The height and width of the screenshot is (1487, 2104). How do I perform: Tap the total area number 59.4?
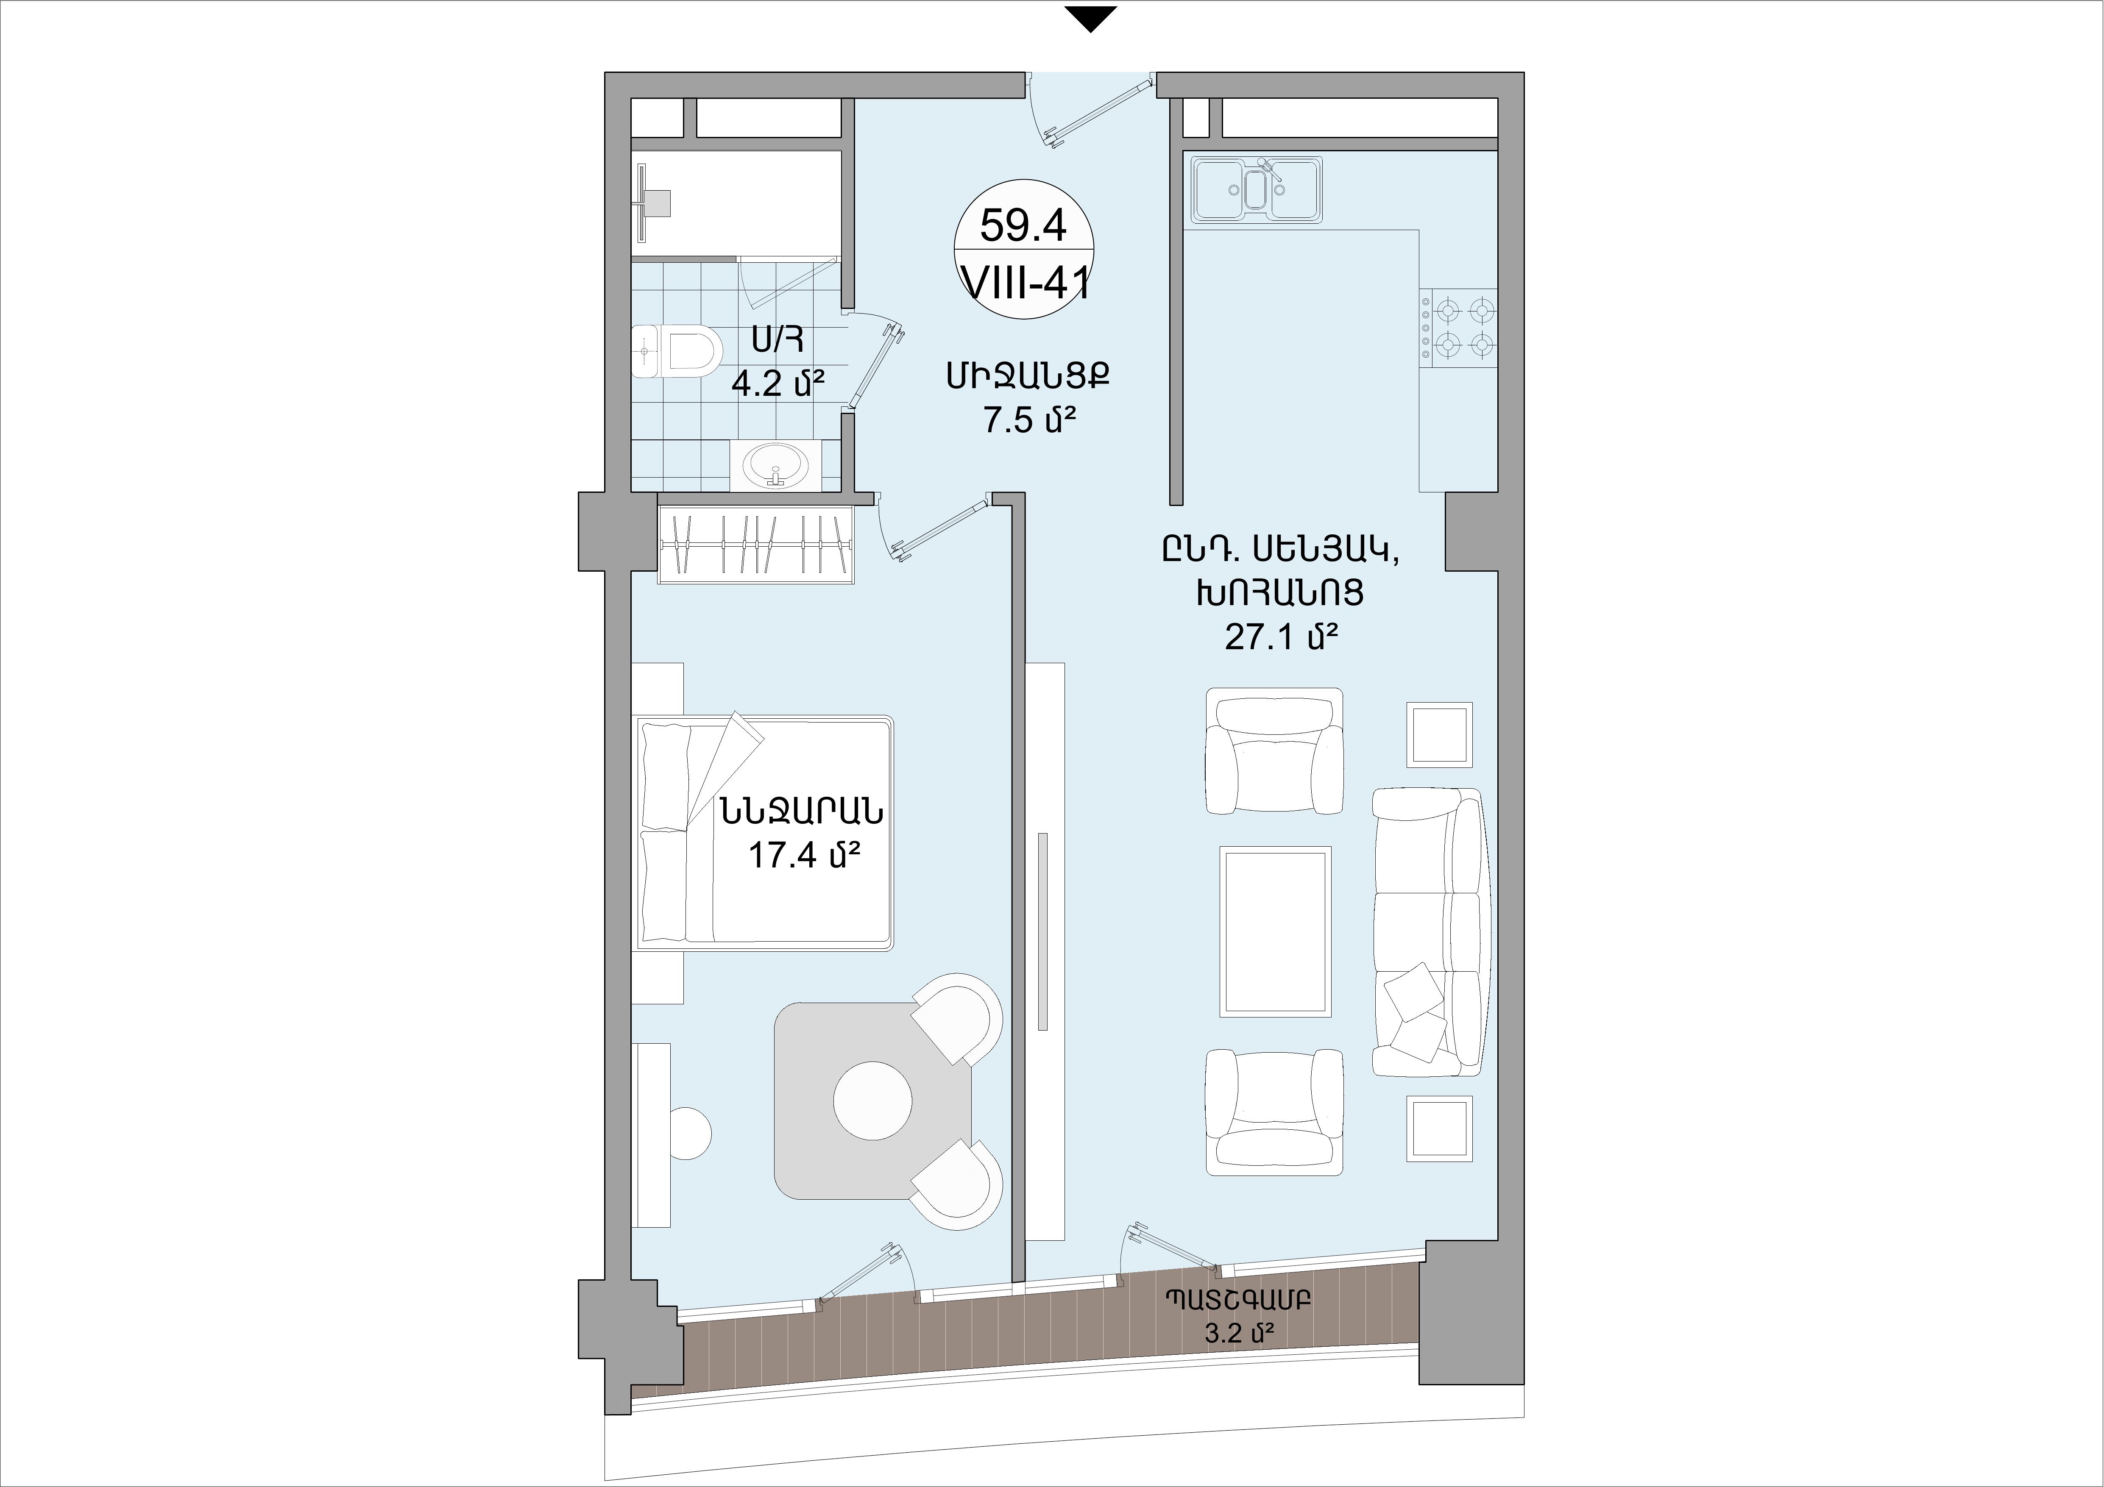[1023, 225]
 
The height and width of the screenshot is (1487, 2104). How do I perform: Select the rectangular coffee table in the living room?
[1275, 931]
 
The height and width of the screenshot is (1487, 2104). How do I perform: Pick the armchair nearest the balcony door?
[1275, 1112]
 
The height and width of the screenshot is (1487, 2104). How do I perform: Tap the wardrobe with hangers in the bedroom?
[756, 546]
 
